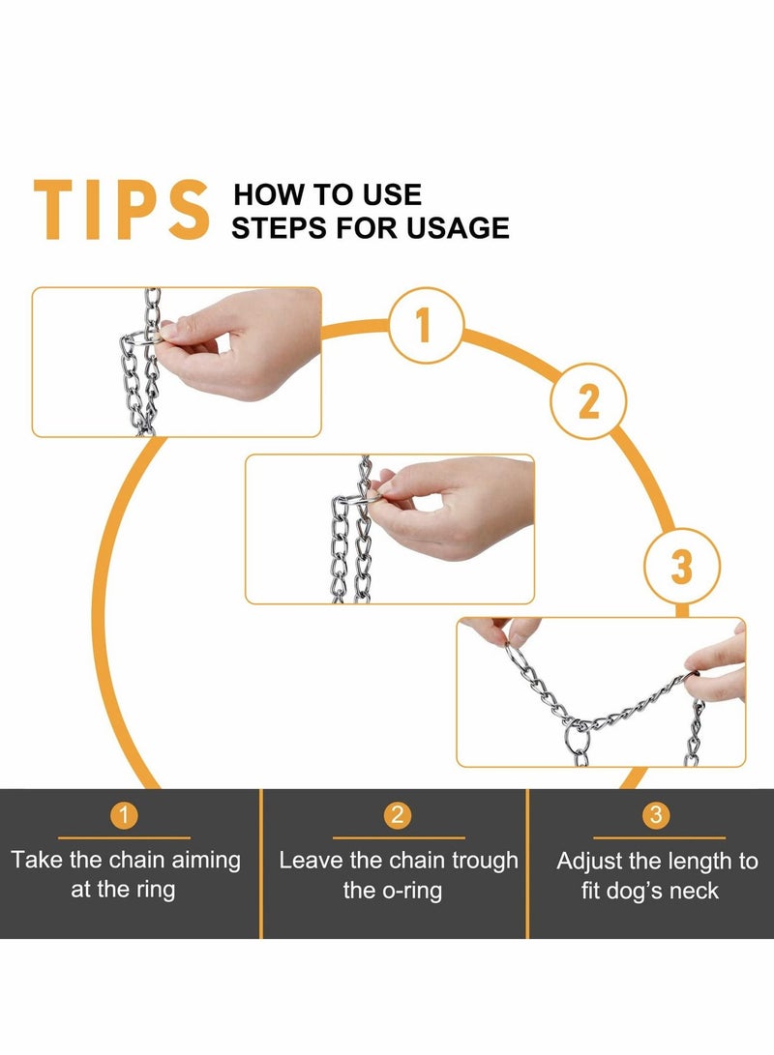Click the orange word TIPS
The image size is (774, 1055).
click(121, 209)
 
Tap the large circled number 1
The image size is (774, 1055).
click(426, 326)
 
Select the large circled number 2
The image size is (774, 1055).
click(589, 401)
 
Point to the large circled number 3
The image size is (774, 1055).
click(682, 566)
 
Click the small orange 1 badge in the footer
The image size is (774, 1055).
click(124, 815)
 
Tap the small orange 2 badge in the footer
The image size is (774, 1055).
click(398, 815)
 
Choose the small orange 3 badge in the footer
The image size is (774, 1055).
click(656, 815)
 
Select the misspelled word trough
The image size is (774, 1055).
click(485, 862)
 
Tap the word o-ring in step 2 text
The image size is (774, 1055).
click(412, 891)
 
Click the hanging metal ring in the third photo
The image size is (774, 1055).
click(577, 740)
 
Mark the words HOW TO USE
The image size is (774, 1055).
click(328, 195)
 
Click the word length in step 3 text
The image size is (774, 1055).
click(687, 862)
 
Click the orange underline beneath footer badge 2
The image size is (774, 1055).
click(399, 837)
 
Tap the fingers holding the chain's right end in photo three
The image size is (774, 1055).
click(717, 666)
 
